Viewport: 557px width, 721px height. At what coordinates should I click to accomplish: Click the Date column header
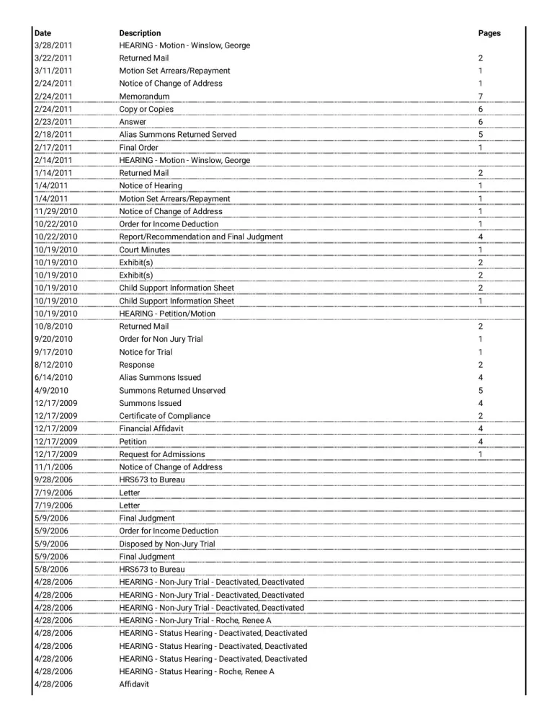pyautogui.click(x=43, y=33)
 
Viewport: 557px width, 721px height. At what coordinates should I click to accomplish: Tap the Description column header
pyautogui.click(x=140, y=33)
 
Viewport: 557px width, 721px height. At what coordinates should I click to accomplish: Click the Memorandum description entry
pyautogui.click(x=144, y=97)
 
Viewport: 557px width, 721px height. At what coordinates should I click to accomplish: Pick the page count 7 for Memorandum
pyautogui.click(x=481, y=97)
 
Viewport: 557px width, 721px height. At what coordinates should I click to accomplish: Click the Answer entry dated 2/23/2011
pyautogui.click(x=133, y=122)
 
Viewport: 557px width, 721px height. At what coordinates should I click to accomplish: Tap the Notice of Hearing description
pyautogui.click(x=151, y=186)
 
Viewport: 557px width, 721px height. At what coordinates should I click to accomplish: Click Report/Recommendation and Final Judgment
pyautogui.click(x=201, y=237)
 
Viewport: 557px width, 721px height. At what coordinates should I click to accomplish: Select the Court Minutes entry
pyautogui.click(x=145, y=250)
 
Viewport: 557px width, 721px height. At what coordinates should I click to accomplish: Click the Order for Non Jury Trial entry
pyautogui.click(x=161, y=340)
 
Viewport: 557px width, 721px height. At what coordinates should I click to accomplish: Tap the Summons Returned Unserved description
pyautogui.click(x=172, y=391)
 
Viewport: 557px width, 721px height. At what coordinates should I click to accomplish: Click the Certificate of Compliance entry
pyautogui.click(x=165, y=416)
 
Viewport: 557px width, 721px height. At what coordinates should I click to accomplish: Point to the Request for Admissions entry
pyautogui.click(x=162, y=454)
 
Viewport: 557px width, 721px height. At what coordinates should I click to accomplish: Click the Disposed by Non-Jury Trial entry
pyautogui.click(x=167, y=544)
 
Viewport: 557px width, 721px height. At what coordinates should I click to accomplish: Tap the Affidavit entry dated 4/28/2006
pyautogui.click(x=134, y=684)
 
